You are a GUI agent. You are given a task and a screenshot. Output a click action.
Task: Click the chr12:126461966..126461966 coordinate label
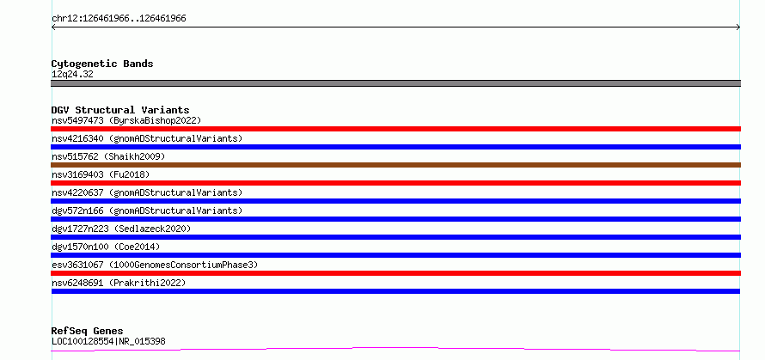click(119, 19)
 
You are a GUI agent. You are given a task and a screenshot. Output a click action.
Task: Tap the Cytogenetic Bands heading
click(102, 64)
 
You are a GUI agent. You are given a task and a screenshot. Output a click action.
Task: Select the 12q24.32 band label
click(72, 75)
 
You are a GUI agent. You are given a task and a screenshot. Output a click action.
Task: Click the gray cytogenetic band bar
click(395, 83)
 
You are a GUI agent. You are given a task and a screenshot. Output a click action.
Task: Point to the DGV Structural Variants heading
click(120, 110)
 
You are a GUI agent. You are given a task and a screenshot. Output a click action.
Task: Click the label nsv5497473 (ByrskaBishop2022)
click(126, 120)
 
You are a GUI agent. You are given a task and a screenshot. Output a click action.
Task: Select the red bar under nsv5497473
click(395, 129)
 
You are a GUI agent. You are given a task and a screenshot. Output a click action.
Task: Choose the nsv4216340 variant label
click(147, 138)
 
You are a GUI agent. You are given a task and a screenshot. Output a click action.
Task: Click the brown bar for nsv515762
click(395, 165)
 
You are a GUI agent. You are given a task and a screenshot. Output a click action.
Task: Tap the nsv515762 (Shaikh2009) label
click(108, 156)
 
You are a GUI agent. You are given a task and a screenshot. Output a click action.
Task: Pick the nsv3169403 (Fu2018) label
click(101, 174)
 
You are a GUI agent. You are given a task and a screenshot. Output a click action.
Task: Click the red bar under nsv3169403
click(395, 183)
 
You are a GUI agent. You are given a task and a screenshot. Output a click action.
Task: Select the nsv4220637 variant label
click(147, 192)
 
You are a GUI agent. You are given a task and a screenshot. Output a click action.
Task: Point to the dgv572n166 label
click(147, 211)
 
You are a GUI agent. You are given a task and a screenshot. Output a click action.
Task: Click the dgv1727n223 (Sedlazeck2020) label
click(121, 229)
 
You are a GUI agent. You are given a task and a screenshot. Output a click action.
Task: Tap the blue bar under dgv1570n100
click(395, 255)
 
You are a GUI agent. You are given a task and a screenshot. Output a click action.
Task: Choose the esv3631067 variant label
click(155, 265)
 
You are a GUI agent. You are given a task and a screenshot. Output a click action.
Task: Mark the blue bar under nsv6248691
click(395, 291)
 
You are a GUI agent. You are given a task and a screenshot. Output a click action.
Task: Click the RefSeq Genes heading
click(88, 332)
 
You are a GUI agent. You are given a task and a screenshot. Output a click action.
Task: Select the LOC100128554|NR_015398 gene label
click(108, 341)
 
